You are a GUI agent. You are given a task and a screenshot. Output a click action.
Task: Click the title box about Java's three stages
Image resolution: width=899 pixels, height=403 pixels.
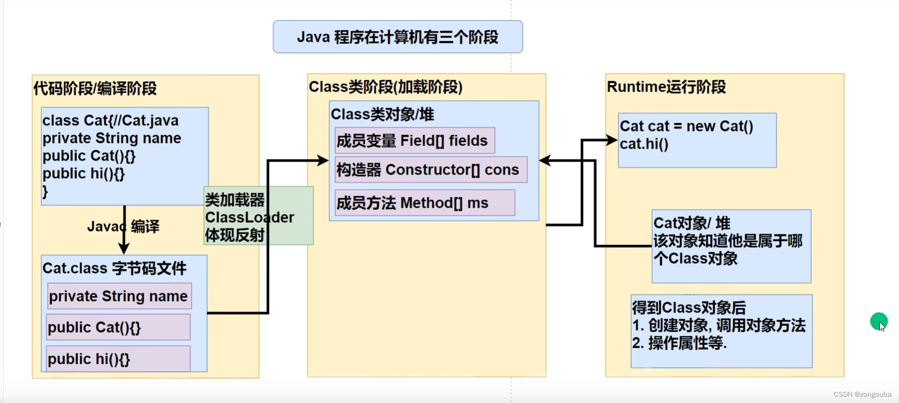pyautogui.click(x=397, y=37)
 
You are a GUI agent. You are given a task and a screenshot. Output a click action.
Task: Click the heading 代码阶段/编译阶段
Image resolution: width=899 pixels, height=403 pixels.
pyautogui.click(x=95, y=89)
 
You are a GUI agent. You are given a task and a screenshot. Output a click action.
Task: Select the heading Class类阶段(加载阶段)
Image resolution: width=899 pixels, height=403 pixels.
pyautogui.click(x=386, y=87)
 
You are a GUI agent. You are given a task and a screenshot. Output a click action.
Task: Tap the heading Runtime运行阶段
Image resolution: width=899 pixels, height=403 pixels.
pyautogui.click(x=666, y=87)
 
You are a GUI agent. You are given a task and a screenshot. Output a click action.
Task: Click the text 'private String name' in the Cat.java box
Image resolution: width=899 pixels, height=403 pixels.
pyautogui.click(x=111, y=138)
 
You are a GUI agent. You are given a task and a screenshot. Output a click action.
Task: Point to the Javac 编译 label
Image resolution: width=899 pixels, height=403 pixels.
pyautogui.click(x=123, y=226)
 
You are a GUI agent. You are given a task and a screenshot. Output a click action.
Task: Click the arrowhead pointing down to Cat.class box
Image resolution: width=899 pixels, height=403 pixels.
pyautogui.click(x=124, y=249)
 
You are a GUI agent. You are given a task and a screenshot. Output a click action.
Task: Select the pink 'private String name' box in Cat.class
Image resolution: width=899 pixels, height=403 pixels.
pyautogui.click(x=119, y=296)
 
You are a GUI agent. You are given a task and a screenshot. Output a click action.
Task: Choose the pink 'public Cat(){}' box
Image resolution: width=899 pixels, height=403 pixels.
pyautogui.click(x=118, y=327)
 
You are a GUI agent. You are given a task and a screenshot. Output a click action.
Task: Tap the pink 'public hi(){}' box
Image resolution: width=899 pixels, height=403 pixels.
pyautogui.click(x=118, y=359)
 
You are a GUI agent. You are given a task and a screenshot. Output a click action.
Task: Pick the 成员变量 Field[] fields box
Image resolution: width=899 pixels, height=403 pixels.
pyautogui.click(x=415, y=141)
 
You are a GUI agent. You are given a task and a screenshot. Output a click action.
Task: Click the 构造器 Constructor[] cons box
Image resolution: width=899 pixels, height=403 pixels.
pyautogui.click(x=431, y=170)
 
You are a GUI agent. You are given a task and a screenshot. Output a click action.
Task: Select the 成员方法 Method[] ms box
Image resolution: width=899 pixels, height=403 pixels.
pyautogui.click(x=425, y=203)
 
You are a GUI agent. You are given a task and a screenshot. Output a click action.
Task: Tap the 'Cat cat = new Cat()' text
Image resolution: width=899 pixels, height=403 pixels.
pyautogui.click(x=686, y=126)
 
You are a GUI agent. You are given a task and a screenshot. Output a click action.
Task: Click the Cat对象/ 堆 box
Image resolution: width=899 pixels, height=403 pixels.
pyautogui.click(x=731, y=246)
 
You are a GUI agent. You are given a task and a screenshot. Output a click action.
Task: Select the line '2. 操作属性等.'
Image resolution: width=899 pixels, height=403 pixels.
pyautogui.click(x=679, y=343)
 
